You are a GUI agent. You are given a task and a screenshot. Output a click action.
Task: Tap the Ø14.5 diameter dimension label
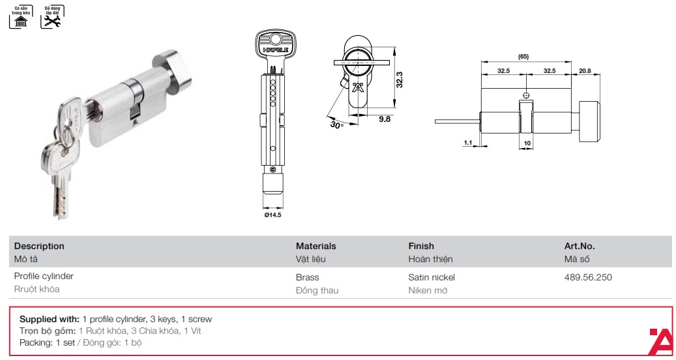point(272,215)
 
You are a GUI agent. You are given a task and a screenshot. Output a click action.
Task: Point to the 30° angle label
point(336,124)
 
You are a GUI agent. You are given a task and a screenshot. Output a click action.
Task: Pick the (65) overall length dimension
point(523,57)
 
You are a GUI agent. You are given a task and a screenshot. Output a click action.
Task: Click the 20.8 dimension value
point(585,70)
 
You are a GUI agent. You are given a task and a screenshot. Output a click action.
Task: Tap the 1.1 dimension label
point(467,142)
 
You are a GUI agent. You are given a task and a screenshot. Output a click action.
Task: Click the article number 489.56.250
point(587,277)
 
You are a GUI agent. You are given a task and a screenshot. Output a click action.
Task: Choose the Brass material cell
point(307,277)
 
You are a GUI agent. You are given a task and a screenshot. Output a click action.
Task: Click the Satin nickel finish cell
point(431,277)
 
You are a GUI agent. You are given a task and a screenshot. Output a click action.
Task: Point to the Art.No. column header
point(579,246)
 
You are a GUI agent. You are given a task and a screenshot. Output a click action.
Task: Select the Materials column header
point(316,246)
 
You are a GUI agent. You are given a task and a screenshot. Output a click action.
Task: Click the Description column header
point(39,246)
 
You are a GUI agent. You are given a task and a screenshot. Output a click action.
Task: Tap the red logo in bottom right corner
point(662,341)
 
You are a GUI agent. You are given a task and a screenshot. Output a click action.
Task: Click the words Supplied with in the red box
point(49,320)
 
